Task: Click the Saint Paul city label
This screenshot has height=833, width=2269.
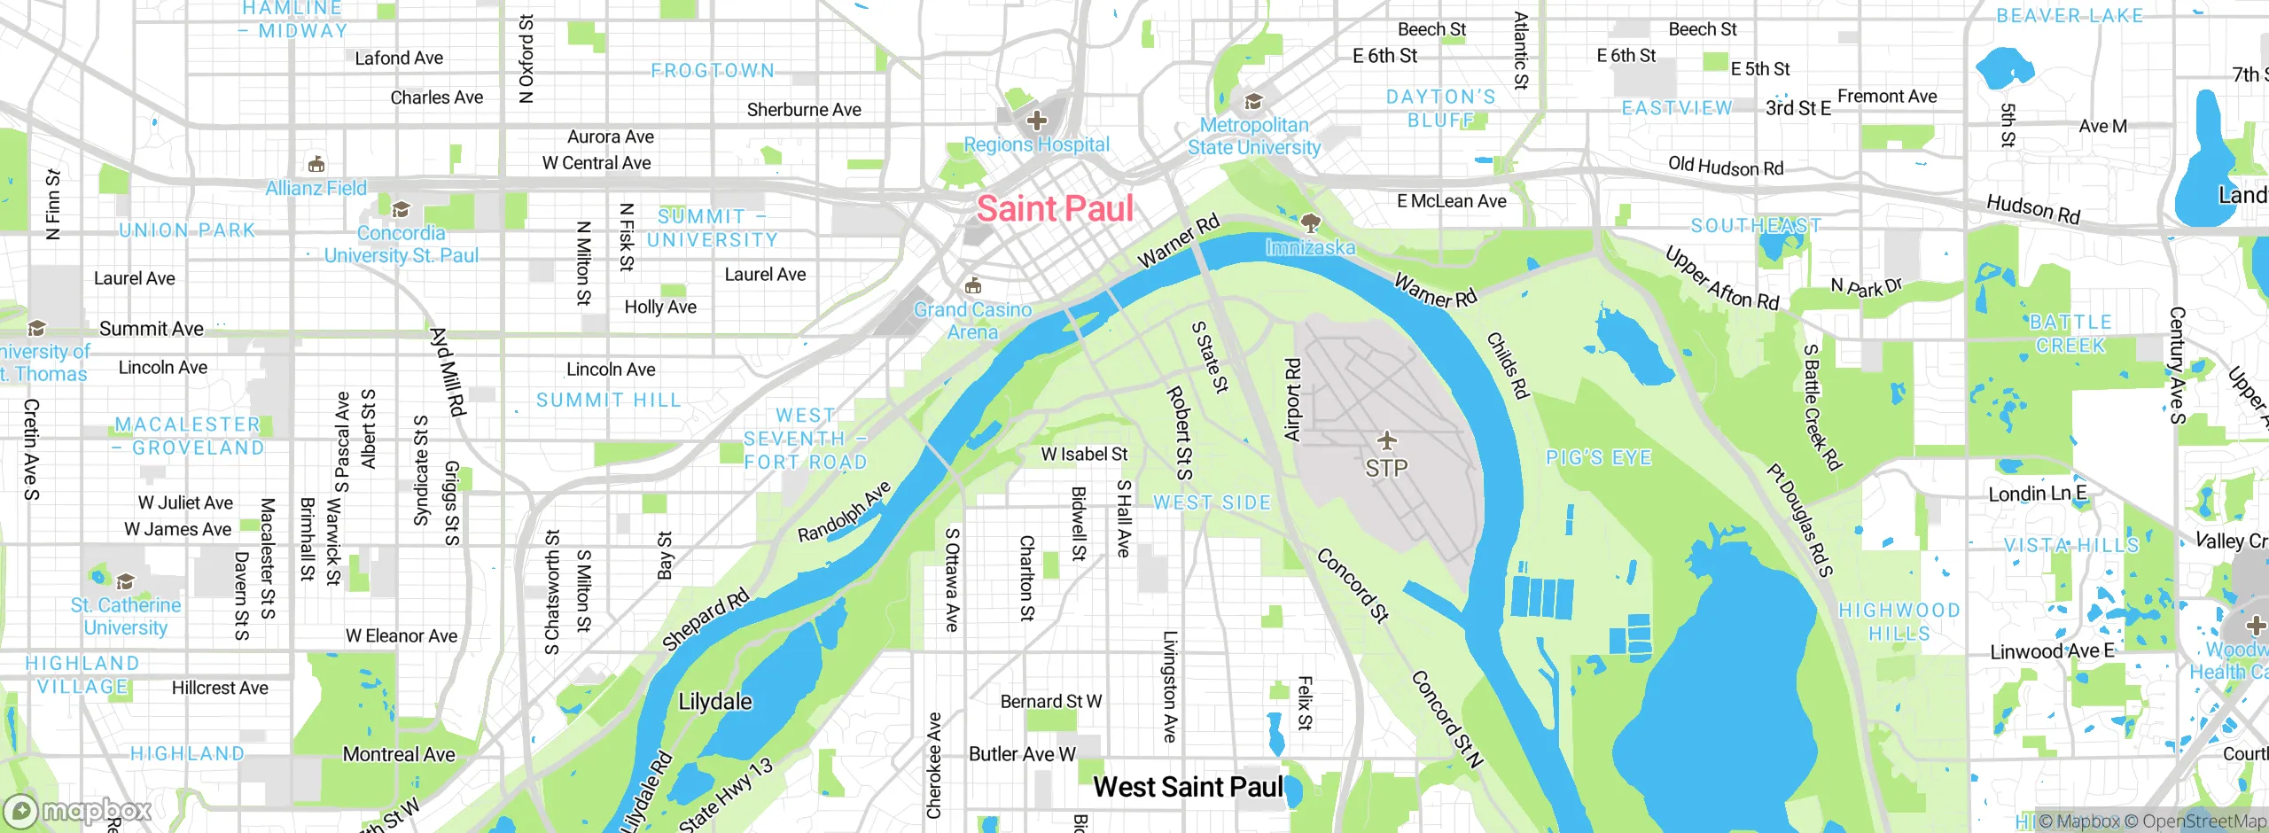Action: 1055,209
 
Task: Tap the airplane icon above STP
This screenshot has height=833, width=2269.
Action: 1386,440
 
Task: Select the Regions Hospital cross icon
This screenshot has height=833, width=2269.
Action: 1037,120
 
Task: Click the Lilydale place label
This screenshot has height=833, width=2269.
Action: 714,702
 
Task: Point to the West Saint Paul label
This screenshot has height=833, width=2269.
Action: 1188,787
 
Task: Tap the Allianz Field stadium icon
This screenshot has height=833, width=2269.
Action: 316,165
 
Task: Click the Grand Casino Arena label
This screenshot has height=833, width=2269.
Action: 972,321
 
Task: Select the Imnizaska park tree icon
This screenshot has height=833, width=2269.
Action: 1310,222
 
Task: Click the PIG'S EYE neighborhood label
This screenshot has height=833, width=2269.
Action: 1599,458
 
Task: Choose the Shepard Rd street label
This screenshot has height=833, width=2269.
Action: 706,619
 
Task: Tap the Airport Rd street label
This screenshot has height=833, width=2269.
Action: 1292,400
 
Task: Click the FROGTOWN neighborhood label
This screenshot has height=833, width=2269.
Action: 713,71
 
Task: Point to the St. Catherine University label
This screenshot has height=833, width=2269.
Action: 125,616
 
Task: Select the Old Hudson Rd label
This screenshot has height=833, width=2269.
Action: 1726,167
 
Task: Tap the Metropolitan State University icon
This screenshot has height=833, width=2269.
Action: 1253,102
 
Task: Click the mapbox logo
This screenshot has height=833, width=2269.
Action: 78,810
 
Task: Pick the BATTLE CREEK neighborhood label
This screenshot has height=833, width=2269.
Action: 2070,334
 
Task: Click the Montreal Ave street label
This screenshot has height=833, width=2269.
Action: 399,754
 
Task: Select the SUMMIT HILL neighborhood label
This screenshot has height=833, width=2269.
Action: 609,401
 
